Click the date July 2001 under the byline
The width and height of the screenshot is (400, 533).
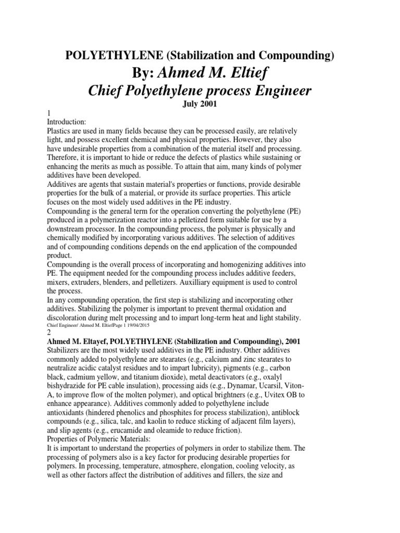[200, 104]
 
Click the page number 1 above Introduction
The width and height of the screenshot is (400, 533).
[49, 113]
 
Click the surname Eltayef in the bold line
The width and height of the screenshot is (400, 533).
[99, 341]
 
